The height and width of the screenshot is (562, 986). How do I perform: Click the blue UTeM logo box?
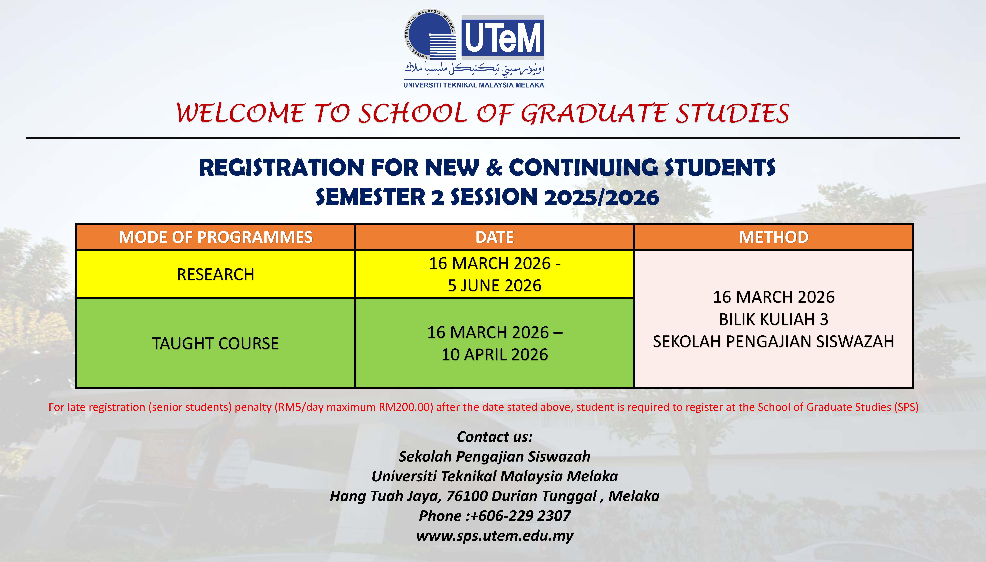coord(503,37)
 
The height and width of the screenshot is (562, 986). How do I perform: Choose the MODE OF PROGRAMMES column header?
coord(215,237)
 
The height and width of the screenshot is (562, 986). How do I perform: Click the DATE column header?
coord(495,237)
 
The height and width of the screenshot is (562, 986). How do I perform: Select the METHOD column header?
coord(774,237)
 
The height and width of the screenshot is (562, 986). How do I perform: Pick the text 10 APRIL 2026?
coord(495,354)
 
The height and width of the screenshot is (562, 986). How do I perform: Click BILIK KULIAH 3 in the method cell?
coord(774,319)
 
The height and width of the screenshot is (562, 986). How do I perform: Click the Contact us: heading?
coord(495,437)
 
